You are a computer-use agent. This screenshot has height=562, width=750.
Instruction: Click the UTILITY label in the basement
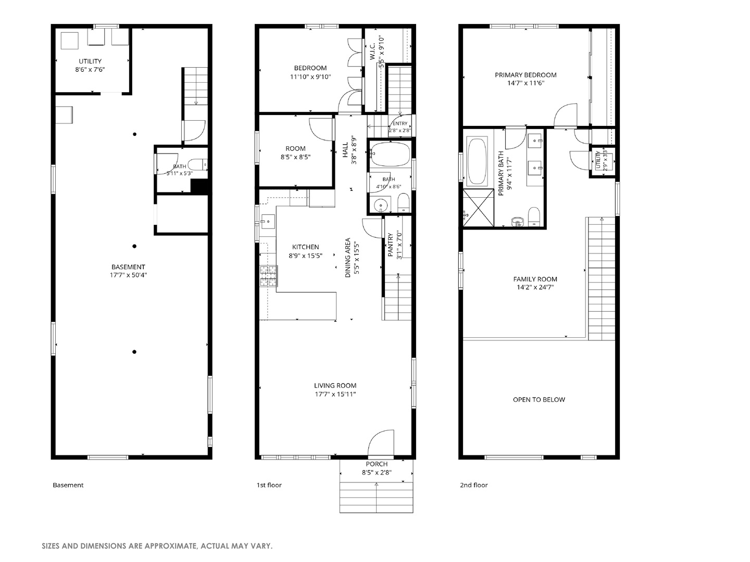point(90,61)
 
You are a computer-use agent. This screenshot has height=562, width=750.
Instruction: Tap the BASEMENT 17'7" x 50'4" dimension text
point(128,275)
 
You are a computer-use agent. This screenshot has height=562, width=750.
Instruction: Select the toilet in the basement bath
point(198,165)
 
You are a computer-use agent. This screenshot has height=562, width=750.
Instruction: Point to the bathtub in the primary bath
point(477,161)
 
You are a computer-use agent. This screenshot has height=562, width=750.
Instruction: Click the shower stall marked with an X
point(478,208)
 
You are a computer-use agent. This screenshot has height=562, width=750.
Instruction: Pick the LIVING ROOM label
point(335,386)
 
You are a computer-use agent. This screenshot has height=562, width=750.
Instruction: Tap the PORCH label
point(377,464)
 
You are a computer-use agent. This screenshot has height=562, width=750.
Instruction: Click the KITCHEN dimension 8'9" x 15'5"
point(305,256)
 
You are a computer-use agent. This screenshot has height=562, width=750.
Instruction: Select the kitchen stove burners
point(269,276)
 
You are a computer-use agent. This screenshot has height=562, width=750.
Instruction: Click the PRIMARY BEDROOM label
point(526,75)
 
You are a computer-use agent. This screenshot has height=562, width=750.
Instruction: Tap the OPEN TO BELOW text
point(539,400)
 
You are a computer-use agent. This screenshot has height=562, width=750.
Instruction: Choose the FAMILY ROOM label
point(535,279)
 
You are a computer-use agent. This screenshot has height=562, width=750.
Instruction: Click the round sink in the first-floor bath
point(380,206)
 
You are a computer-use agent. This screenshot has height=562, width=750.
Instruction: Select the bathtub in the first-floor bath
point(390,154)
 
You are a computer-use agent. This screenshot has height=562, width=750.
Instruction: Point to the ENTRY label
point(400,123)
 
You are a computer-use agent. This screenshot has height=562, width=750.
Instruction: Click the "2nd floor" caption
point(473,485)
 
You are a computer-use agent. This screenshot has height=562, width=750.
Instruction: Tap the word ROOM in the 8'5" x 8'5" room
point(295,148)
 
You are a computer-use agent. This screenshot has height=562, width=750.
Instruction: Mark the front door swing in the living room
point(381,442)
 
